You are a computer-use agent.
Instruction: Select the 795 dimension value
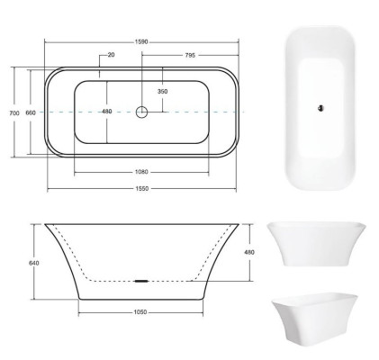[189, 55]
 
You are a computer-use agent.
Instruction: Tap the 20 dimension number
[110, 55]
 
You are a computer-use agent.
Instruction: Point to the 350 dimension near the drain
[162, 91]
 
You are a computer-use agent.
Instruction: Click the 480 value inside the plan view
[107, 112]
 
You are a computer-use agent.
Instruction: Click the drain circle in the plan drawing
[141, 112]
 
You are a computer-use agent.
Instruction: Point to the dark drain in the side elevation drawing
[141, 280]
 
